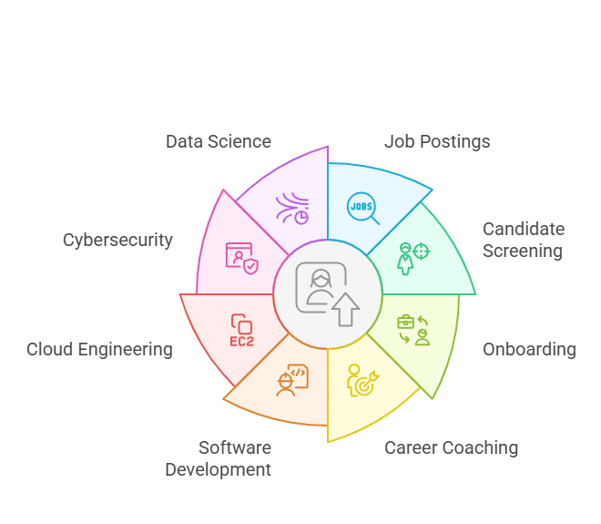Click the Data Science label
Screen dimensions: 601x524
click(219, 141)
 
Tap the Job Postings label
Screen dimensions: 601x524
click(437, 141)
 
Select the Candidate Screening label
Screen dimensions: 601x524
click(524, 240)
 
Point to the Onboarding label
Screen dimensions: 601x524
click(529, 349)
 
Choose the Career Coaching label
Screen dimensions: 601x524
click(451, 447)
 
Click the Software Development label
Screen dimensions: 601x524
click(219, 458)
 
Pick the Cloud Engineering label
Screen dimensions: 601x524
click(99, 349)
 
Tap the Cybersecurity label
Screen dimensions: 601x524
click(117, 241)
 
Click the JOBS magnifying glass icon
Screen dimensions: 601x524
click(363, 209)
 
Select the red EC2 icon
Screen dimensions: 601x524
click(242, 330)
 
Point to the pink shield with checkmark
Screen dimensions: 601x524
click(250, 266)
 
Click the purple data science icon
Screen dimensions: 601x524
click(292, 209)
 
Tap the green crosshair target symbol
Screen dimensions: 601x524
click(421, 252)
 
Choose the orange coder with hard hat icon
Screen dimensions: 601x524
click(292, 380)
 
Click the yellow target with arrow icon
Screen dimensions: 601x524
click(363, 380)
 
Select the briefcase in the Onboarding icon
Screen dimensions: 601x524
click(405, 322)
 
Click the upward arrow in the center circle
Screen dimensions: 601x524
click(346, 310)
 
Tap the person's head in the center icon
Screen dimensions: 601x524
click(321, 278)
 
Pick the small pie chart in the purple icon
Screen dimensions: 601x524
click(301, 218)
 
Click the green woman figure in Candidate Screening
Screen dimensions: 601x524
click(404, 259)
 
